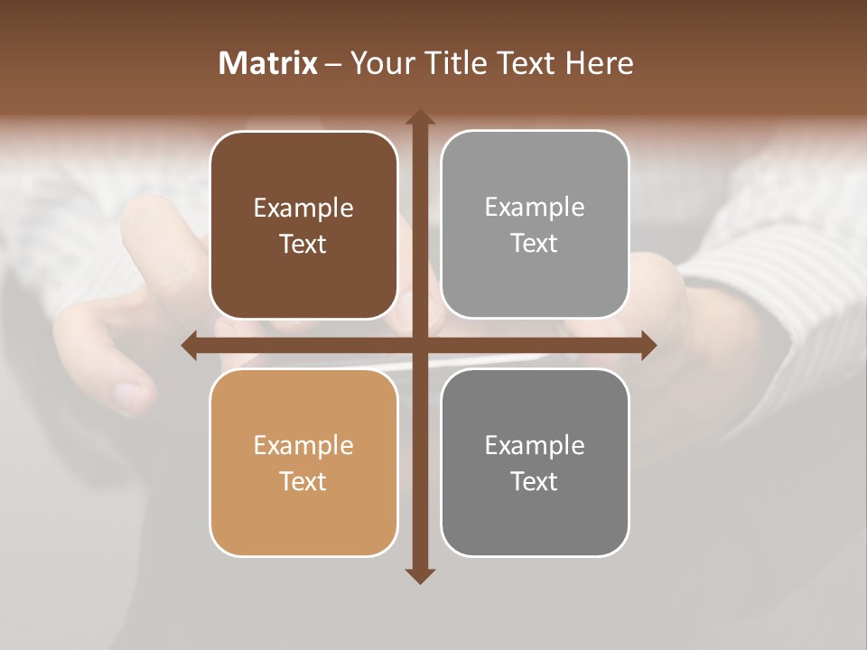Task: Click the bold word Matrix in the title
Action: (x=268, y=63)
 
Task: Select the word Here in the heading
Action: (x=599, y=63)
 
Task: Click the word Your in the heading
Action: (x=378, y=63)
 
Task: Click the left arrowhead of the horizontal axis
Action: (x=190, y=345)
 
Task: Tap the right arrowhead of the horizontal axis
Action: (x=648, y=345)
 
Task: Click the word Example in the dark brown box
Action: (x=303, y=209)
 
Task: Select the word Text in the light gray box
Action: (x=535, y=244)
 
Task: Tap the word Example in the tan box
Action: (x=303, y=446)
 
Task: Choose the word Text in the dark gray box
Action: (x=535, y=481)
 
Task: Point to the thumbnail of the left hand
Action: (x=129, y=394)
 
